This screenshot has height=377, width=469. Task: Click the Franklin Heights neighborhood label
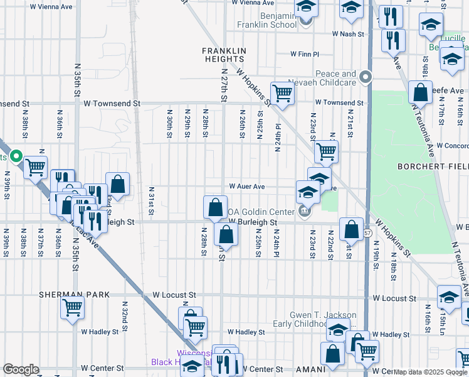click(223, 54)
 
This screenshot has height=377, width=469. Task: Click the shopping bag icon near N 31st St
click(117, 183)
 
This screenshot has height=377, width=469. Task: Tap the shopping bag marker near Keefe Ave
click(419, 92)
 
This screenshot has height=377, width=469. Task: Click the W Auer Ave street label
click(246, 187)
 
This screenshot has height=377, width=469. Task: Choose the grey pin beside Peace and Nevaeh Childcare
click(367, 78)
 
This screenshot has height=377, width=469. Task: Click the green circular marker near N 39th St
click(16, 156)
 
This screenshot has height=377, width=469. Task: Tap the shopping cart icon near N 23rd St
click(326, 151)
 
